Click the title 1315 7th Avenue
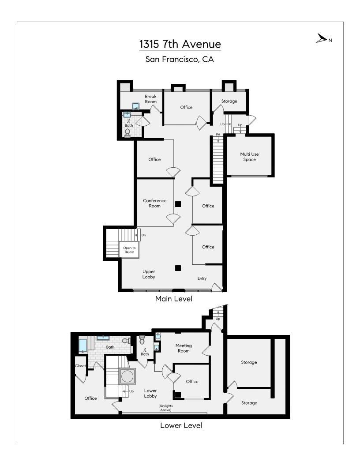(180, 44)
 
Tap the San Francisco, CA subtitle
(180, 59)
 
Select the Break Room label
(150, 99)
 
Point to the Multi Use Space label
(249, 157)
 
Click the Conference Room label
(154, 203)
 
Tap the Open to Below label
(129, 250)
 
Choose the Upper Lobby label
(149, 274)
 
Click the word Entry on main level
(202, 278)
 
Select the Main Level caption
(173, 299)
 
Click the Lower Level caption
(181, 426)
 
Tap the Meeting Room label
(184, 348)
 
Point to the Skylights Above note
(165, 408)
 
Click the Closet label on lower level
(80, 366)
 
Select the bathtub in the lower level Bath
(83, 345)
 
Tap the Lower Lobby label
(150, 393)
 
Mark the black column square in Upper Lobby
(178, 268)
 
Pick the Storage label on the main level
(229, 101)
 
